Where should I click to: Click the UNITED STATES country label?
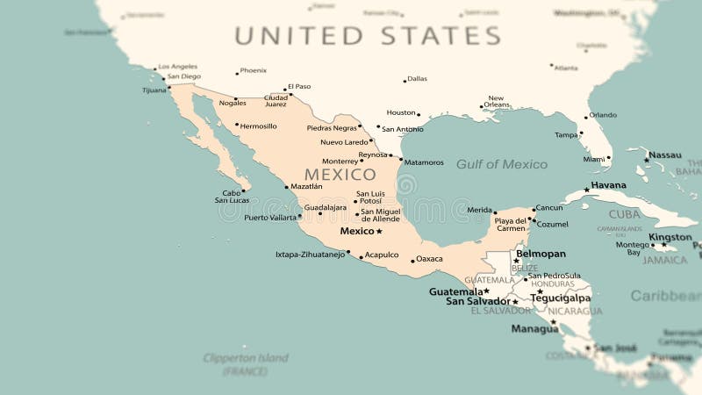click(367, 36)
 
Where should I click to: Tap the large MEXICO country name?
click(340, 175)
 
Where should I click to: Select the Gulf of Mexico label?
click(501, 164)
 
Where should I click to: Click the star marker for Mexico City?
click(379, 232)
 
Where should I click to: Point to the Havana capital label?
click(608, 185)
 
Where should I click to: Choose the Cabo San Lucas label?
click(232, 197)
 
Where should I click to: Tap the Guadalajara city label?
click(325, 207)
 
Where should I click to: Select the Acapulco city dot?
click(361, 256)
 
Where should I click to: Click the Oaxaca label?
click(429, 259)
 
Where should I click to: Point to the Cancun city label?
click(548, 208)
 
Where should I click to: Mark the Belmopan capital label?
click(541, 254)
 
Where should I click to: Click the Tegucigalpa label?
click(560, 298)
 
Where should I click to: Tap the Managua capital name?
click(534, 329)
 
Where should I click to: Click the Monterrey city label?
click(340, 161)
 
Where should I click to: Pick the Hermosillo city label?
click(258, 126)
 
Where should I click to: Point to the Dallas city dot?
click(405, 81)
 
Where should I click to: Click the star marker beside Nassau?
click(647, 160)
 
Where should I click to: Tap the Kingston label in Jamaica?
click(670, 237)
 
